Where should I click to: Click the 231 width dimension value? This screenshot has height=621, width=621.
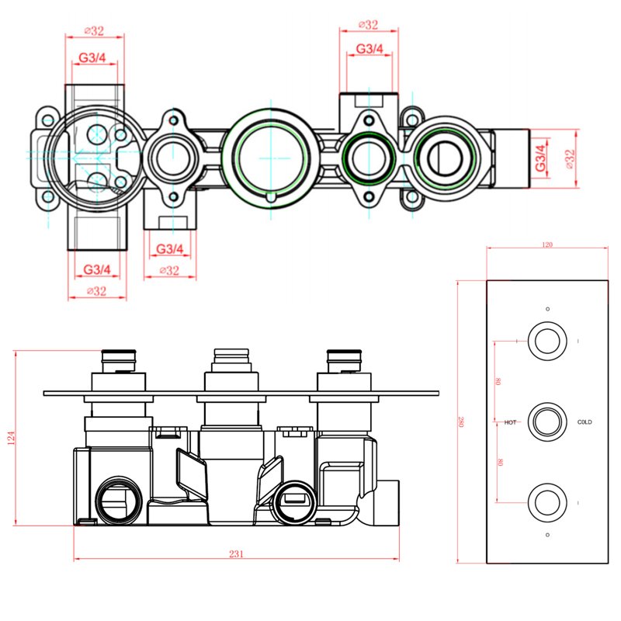pyautogui.click(x=237, y=553)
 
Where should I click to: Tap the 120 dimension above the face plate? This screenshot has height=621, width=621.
pyautogui.click(x=546, y=245)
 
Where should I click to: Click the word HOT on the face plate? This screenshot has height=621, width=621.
pyautogui.click(x=510, y=422)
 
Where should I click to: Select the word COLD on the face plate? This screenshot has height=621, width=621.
pyautogui.click(x=585, y=422)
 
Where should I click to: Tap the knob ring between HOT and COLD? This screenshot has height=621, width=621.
pyautogui.click(x=546, y=422)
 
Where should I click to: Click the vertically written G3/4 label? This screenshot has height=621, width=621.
pyautogui.click(x=540, y=158)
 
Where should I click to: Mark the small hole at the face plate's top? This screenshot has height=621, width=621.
pyautogui.click(x=546, y=308)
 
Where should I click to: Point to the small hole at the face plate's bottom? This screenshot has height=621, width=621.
pyautogui.click(x=546, y=535)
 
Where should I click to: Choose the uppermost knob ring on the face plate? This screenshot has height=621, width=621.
pyautogui.click(x=546, y=341)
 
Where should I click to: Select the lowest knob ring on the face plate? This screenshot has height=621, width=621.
pyautogui.click(x=546, y=501)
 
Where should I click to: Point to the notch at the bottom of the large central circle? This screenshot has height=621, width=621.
pyautogui.click(x=269, y=198)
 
